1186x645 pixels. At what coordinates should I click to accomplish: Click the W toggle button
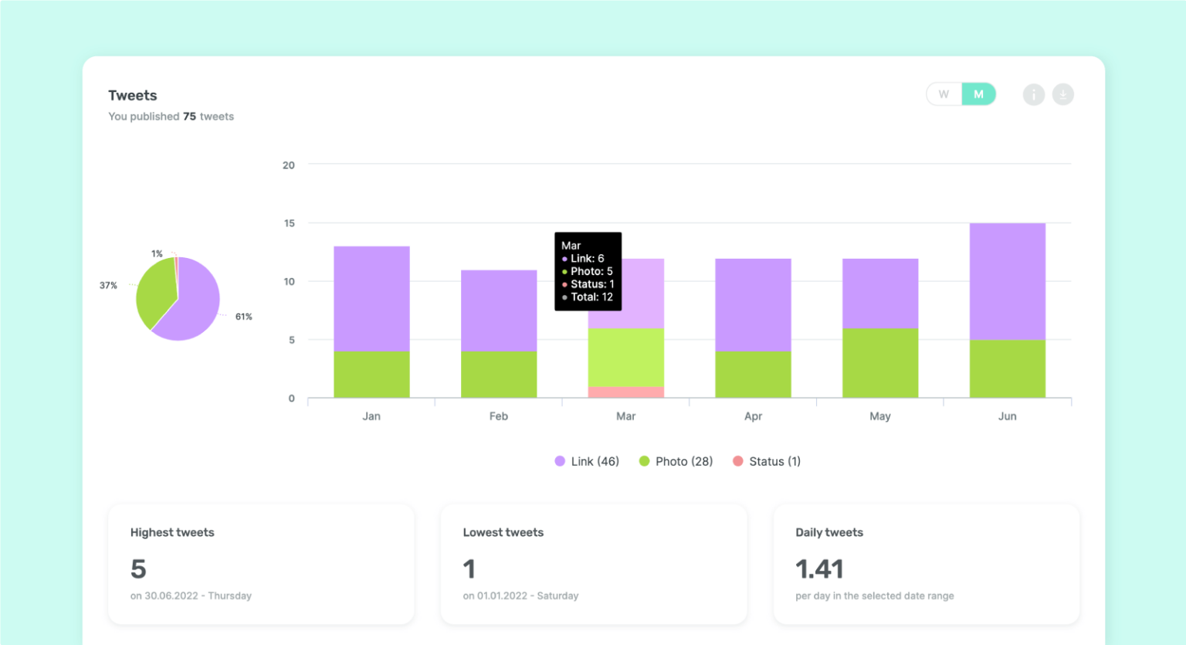coord(944,94)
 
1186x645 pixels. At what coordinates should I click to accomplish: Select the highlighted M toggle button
coord(978,94)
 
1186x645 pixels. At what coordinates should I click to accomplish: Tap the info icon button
coord(1033,94)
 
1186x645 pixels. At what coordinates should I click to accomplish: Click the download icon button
coord(1062,94)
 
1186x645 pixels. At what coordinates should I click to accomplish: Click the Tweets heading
coord(133,95)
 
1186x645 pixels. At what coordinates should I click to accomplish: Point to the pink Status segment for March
coord(625,392)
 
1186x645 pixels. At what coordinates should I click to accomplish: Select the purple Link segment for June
coord(1007,281)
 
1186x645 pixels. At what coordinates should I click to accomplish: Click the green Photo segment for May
coord(879,363)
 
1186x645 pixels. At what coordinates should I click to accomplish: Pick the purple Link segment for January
coord(371,299)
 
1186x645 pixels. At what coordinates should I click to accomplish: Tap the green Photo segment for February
coord(498,375)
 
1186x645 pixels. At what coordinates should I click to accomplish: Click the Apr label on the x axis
coord(753,416)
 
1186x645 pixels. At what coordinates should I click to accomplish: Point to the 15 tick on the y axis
coord(289,223)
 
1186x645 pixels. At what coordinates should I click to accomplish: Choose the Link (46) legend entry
coord(587,461)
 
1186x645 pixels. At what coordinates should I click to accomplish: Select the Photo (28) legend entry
coord(676,461)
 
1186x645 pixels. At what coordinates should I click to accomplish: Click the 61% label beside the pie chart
coord(243,317)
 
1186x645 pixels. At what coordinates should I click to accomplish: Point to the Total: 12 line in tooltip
coord(591,297)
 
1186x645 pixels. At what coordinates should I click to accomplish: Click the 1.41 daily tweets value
coord(819,569)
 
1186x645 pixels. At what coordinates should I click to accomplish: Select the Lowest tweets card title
coord(503,532)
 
